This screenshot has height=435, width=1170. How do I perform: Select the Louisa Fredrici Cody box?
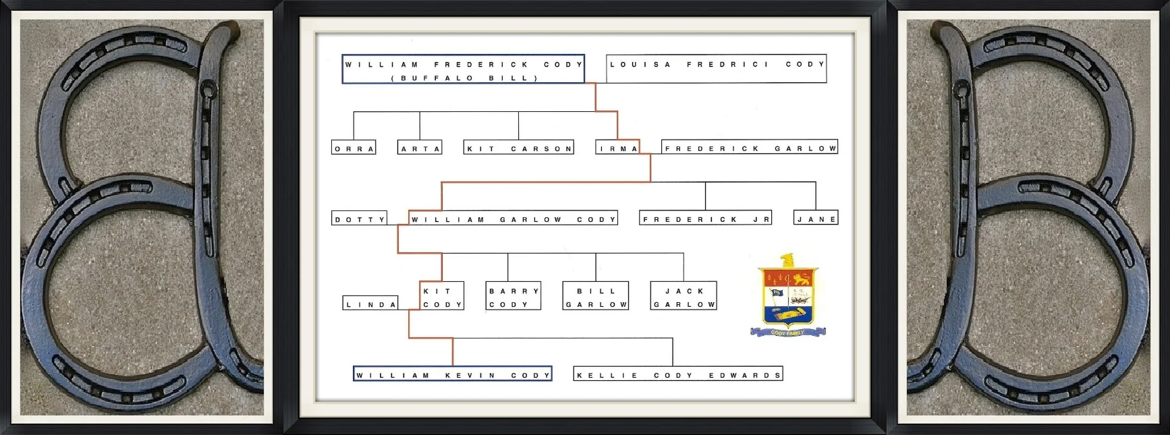click(716, 68)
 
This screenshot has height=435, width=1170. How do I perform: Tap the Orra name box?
click(354, 148)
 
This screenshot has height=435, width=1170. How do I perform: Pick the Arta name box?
click(420, 148)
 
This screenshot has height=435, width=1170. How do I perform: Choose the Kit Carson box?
click(518, 148)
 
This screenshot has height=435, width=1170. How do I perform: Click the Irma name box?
click(617, 148)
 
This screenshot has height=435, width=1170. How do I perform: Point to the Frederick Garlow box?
click(749, 148)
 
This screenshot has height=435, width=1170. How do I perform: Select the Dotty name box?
click(360, 219)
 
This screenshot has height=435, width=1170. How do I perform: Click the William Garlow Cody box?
click(513, 219)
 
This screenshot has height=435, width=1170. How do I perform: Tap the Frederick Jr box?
click(705, 219)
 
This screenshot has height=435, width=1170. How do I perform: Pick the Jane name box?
click(816, 219)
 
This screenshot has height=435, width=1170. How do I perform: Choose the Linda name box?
click(370, 303)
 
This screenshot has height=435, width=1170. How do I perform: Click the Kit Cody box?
click(442, 297)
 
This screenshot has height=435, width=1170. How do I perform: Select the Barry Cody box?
click(513, 297)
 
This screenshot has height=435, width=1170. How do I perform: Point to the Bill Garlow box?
click(596, 297)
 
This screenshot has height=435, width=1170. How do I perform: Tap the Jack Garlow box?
click(684, 297)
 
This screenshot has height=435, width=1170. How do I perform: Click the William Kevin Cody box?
click(453, 374)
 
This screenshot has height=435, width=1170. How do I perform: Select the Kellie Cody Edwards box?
click(678, 374)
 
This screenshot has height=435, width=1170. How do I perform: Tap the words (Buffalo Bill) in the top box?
click(463, 78)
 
